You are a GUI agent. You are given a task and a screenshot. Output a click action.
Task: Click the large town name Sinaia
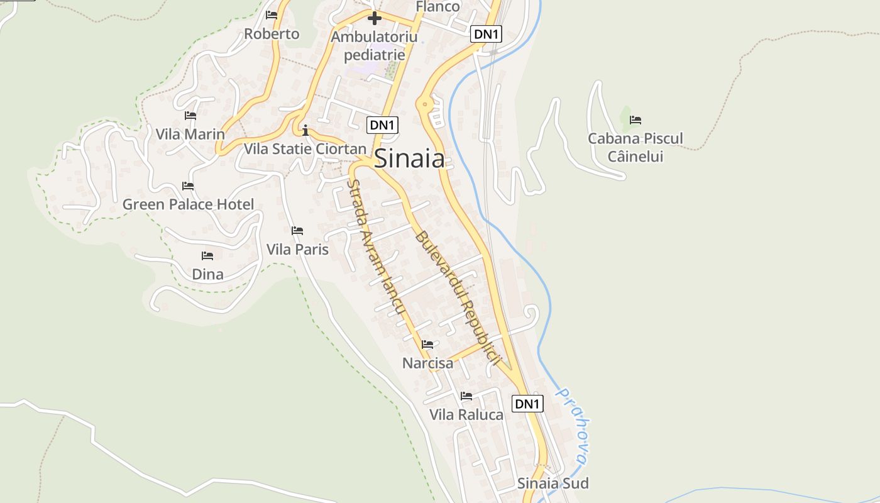pos(410,158)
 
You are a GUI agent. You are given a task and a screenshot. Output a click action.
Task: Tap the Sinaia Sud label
pos(553,484)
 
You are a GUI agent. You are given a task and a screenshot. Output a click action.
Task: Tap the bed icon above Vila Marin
pos(190,116)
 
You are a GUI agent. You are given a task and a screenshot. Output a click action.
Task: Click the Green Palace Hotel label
pos(188,204)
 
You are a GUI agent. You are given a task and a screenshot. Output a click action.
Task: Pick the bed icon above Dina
pos(207,256)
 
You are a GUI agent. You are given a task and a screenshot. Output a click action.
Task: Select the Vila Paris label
pos(297,250)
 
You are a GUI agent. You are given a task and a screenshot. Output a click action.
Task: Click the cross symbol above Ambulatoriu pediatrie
pos(375,18)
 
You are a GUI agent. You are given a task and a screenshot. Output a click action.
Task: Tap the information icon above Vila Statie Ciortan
pos(305,131)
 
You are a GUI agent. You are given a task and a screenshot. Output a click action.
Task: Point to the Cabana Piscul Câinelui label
pos(635,146)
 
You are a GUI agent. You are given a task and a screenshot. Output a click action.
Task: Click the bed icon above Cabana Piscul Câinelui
pos(635,120)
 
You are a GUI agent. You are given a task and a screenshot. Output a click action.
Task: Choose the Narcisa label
pos(427,363)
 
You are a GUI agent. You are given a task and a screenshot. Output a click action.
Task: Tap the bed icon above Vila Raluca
pos(466,396)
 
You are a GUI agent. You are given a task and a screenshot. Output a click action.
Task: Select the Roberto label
pos(272,34)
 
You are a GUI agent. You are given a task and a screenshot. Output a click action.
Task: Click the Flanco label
pos(438,6)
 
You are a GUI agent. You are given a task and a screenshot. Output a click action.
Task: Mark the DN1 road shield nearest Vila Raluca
pos(527,404)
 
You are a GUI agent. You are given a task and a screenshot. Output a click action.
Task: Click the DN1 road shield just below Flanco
pos(487,34)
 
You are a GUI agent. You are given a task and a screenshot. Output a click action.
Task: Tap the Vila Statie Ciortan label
pos(305,149)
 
